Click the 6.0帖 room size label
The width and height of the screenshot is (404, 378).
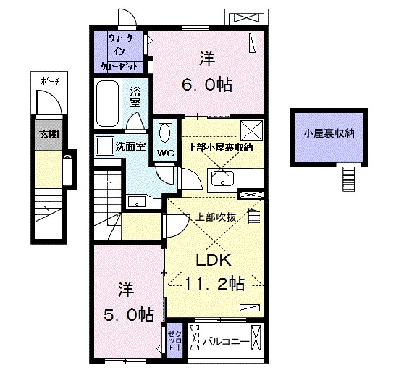(207, 85)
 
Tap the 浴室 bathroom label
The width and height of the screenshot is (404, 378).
(136, 98)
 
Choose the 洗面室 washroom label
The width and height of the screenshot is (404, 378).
(131, 146)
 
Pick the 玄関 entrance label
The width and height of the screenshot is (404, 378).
(45, 133)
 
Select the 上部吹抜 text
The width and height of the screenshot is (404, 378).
(217, 216)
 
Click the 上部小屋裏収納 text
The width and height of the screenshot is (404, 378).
(220, 148)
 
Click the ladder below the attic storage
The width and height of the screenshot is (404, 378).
(350, 177)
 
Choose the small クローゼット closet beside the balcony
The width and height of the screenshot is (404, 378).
(174, 337)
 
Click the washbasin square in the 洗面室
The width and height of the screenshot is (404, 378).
(104, 145)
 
